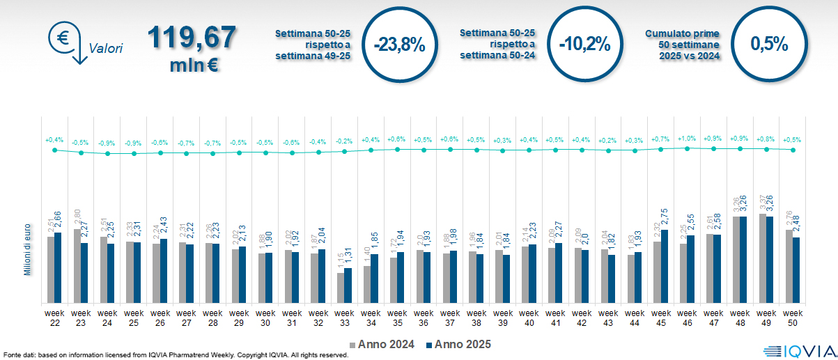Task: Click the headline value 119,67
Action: pyautogui.click(x=192, y=38)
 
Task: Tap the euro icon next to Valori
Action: pyautogui.click(x=63, y=39)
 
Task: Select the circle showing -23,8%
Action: pyautogui.click(x=398, y=45)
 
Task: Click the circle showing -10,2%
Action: pyautogui.click(x=584, y=45)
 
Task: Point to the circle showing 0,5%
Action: pyautogui.click(x=769, y=45)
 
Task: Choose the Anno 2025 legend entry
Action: pyautogui.click(x=458, y=344)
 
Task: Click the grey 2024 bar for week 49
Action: pyautogui.click(x=761, y=258)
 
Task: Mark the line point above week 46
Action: pyautogui.click(x=687, y=148)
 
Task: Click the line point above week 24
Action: pyautogui.click(x=107, y=153)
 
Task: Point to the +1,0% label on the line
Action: pyautogui.click(x=687, y=139)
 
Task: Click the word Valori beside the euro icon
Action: pyautogui.click(x=106, y=49)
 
